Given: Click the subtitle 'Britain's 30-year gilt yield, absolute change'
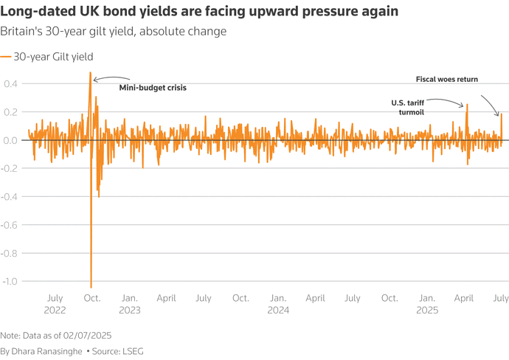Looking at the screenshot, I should click(x=113, y=32).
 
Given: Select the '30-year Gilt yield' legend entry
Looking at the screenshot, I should click(x=51, y=56).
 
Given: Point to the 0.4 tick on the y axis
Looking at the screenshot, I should click(x=13, y=83).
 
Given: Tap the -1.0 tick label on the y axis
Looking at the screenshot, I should click(x=11, y=281).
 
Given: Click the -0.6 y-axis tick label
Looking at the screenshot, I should click(x=11, y=224).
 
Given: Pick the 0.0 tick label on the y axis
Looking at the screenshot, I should click(x=13, y=140).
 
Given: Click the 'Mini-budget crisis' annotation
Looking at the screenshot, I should click(x=153, y=88).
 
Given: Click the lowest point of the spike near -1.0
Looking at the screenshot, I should click(x=91, y=286).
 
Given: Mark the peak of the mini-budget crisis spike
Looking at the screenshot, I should click(x=91, y=73).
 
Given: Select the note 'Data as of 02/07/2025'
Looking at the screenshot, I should click(x=57, y=334).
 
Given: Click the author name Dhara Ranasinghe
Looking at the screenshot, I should click(x=48, y=351).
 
